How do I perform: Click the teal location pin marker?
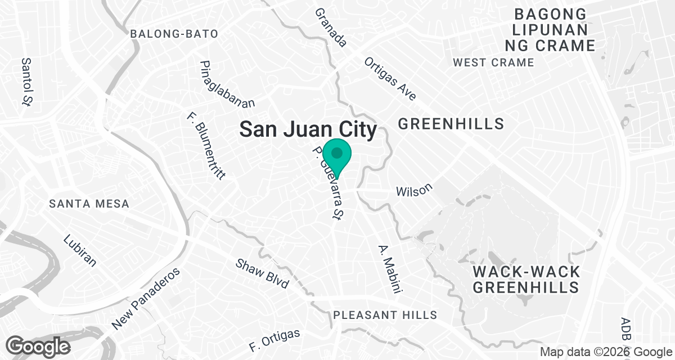tap(337, 155)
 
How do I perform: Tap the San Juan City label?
tap(308, 129)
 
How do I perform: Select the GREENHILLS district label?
tap(451, 124)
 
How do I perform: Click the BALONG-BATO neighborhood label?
tap(174, 34)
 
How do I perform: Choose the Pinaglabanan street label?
tap(227, 84)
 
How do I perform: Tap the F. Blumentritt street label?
tap(206, 145)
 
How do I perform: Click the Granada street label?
tap(331, 27)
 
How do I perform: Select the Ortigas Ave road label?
tap(390, 79)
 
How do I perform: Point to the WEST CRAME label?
tap(493, 62)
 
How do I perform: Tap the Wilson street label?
tap(415, 190)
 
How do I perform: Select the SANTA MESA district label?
tap(89, 204)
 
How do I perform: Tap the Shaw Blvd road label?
tap(262, 273)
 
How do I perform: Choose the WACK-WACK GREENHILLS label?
tap(526, 280)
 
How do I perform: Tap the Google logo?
tap(39, 345)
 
